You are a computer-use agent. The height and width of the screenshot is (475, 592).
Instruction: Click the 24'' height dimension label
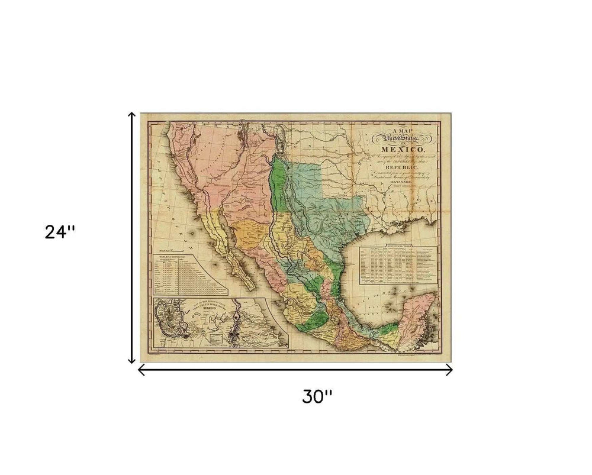pyautogui.click(x=60, y=232)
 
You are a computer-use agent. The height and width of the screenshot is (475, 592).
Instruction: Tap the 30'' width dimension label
pyautogui.click(x=318, y=397)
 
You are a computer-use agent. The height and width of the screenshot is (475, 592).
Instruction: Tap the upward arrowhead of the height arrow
pyautogui.click(x=133, y=115)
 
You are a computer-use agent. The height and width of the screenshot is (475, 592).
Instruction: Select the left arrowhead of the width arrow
pyautogui.click(x=141, y=370)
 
